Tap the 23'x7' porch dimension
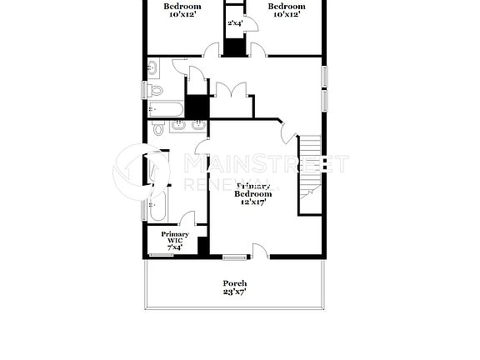coord(234,292)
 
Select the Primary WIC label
coord(175,237)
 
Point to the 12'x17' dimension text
coord(252,202)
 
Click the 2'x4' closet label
coord(234,23)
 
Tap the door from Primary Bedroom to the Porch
coord(261,250)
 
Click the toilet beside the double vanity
coord(159,129)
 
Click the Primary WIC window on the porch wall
coord(162,256)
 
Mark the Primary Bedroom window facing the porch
coord(235,256)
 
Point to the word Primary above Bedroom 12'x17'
coord(253,185)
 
